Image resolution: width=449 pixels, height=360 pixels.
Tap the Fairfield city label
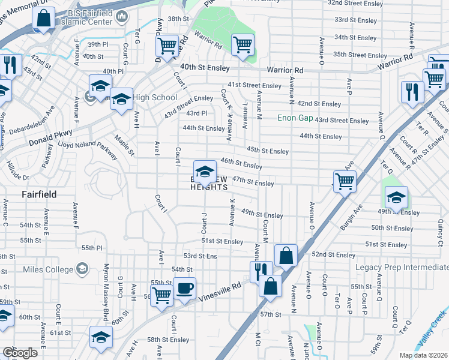coord(39,194)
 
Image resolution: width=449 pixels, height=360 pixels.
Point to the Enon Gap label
coord(295,118)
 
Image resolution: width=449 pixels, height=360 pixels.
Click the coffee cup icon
coord(185,289)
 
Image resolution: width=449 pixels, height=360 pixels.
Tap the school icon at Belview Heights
coord(205,171)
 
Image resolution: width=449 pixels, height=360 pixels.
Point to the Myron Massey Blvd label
coord(106,284)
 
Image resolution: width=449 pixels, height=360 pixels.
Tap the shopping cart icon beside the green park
coord(243,44)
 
